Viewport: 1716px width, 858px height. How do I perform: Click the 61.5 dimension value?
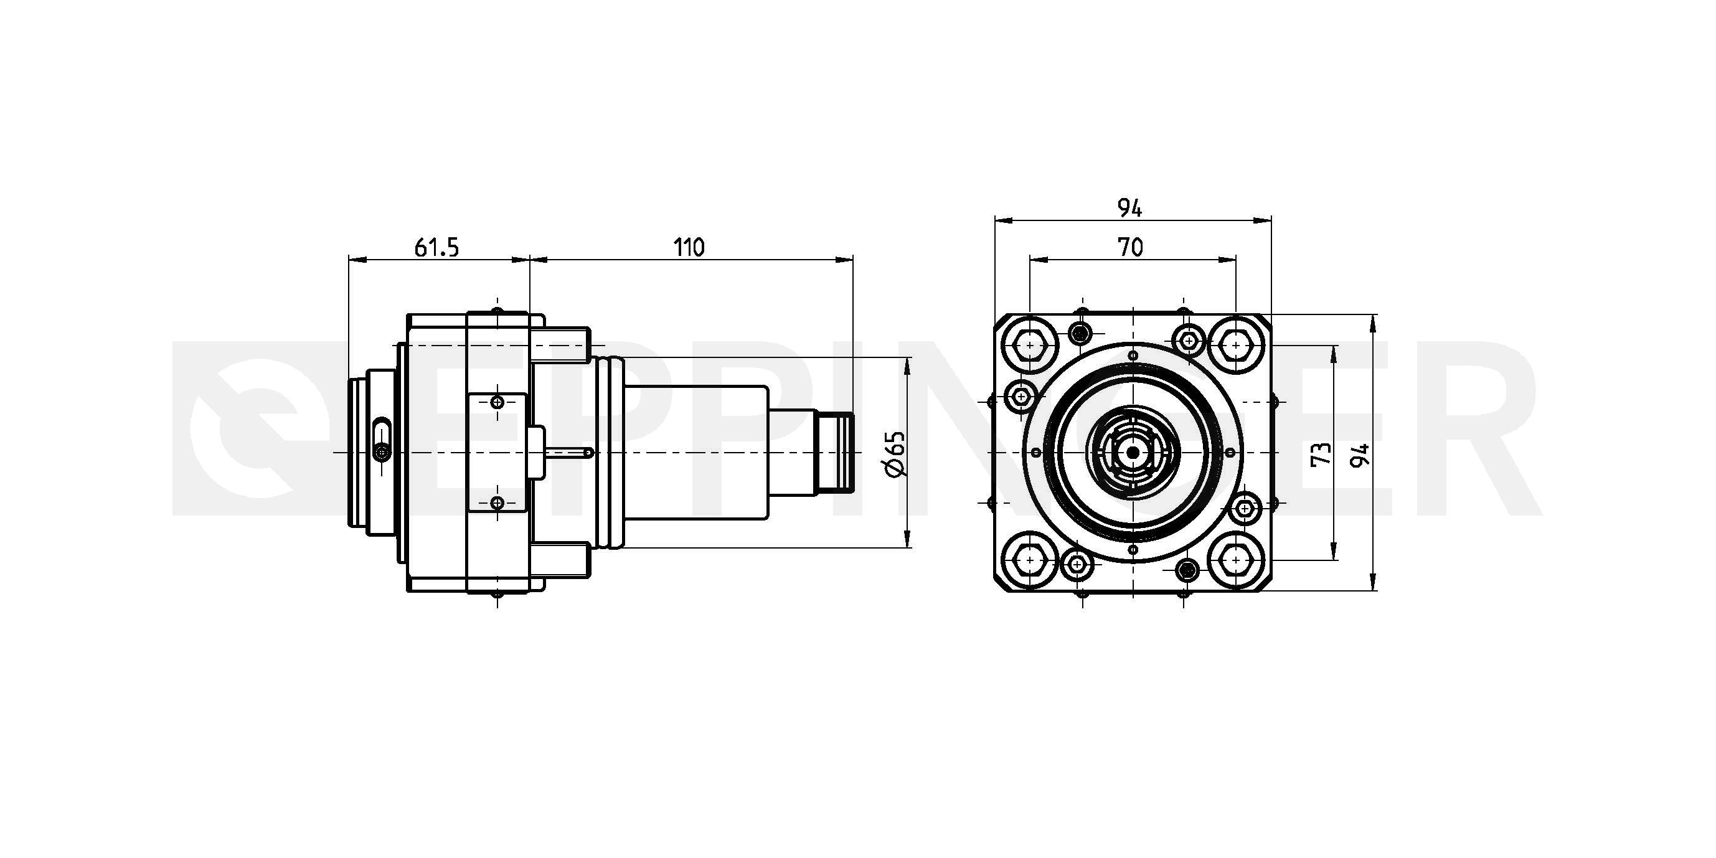click(x=437, y=247)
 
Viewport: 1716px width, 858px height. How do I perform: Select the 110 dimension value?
click(x=689, y=247)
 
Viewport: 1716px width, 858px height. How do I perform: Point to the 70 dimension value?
click(x=1131, y=247)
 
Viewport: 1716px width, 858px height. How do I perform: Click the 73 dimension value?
click(x=1320, y=454)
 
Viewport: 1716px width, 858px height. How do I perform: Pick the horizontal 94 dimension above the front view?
click(x=1131, y=209)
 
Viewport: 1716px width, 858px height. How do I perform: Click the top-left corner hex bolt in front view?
click(x=1030, y=346)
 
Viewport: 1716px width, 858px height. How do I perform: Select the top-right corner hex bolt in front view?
click(x=1237, y=346)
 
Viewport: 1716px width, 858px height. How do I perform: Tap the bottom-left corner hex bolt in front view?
click(x=1030, y=560)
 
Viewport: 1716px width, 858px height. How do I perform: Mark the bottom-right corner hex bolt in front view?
click(x=1237, y=560)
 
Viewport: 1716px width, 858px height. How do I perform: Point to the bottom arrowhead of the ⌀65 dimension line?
click(x=907, y=540)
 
